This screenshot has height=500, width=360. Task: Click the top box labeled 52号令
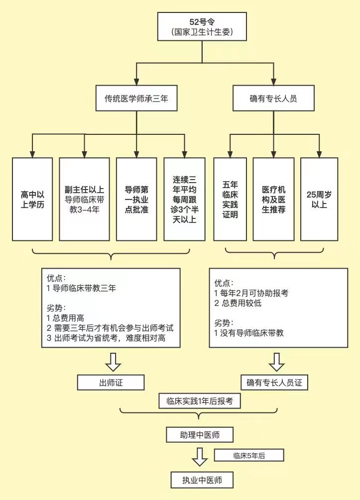point(202,26)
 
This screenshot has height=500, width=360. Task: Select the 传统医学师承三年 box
point(136,98)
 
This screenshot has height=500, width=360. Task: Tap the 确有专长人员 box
point(273,98)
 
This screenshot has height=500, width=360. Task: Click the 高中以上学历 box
point(32,200)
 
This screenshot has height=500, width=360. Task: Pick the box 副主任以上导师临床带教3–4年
point(85,200)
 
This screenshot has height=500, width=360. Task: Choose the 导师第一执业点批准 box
point(136,200)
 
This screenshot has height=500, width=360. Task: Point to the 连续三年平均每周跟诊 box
point(184,200)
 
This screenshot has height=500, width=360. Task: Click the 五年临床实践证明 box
point(230,200)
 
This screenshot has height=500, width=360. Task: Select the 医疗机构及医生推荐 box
point(273,200)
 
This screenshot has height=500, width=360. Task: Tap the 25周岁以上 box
point(319,200)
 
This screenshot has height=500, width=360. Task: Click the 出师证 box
point(111,382)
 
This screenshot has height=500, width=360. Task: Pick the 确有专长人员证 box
point(274,382)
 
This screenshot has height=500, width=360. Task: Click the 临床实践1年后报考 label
point(200,401)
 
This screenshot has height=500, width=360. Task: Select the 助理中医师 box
point(200,435)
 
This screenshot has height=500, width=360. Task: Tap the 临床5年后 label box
point(249,455)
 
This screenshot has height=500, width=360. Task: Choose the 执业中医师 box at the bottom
point(202,480)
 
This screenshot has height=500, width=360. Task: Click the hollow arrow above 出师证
point(113,362)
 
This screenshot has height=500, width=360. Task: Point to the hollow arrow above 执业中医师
point(200,457)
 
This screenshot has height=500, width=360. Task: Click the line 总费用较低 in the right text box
point(238,303)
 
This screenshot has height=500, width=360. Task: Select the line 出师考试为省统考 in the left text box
point(106,338)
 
